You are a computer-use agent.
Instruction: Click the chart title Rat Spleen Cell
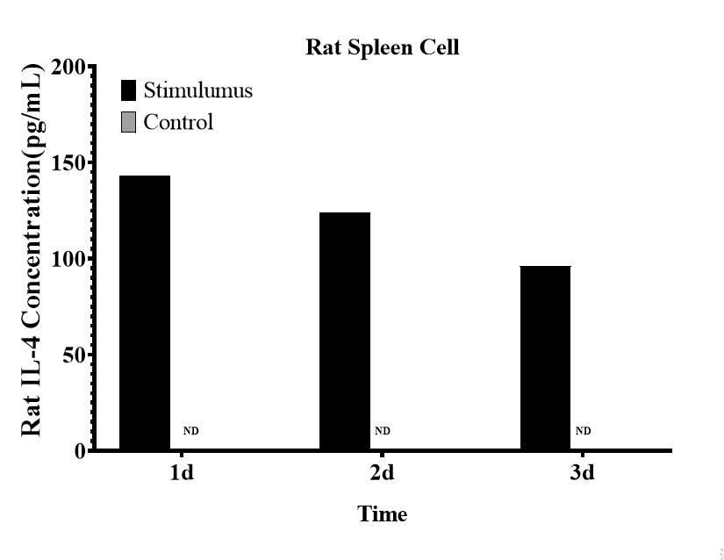coord(382,47)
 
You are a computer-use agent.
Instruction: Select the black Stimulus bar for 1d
coord(145,312)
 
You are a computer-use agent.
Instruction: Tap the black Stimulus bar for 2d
coord(345,331)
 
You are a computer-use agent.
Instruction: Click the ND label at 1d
coord(190,431)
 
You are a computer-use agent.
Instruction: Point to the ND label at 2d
coord(383,431)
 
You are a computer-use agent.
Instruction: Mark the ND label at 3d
coord(583,431)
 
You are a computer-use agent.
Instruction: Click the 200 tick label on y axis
coord(68,68)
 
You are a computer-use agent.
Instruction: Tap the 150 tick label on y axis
coord(68,163)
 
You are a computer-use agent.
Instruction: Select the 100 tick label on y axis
coord(68,260)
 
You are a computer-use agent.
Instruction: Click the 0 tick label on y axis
coord(80,451)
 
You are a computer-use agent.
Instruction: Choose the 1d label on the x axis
coord(182,475)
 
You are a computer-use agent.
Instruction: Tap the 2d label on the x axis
coord(382,475)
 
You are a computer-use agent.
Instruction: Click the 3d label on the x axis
coord(582,475)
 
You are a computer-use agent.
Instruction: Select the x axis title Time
coord(382,514)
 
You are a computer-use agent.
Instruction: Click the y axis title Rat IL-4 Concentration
coord(32,250)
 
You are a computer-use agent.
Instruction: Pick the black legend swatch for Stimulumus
coord(129,90)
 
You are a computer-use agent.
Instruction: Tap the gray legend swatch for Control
coord(129,122)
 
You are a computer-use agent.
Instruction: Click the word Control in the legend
coord(178,122)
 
